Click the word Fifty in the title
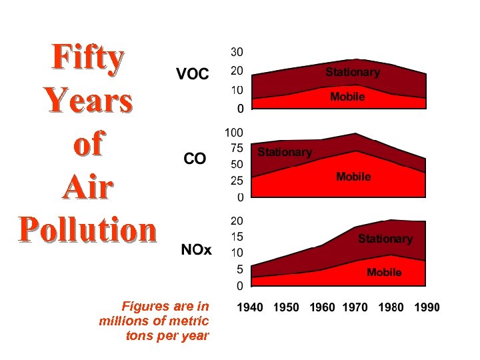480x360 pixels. click(x=87, y=58)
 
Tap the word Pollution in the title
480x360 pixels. click(x=87, y=229)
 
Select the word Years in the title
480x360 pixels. click(x=87, y=101)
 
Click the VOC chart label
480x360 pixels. click(x=192, y=73)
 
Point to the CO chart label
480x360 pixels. click(x=195, y=159)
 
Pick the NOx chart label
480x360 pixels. click(x=197, y=251)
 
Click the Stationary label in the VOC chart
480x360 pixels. click(x=353, y=72)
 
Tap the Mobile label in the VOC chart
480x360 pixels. click(x=347, y=97)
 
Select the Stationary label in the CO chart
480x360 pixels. click(x=285, y=152)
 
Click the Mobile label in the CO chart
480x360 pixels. click(x=353, y=177)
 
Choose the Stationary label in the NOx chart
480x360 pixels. click(x=385, y=238)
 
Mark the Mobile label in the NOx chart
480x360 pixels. click(x=384, y=272)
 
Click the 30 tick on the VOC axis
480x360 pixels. click(x=237, y=52)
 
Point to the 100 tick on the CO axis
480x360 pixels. click(x=236, y=133)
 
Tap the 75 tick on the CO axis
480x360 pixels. click(x=237, y=149)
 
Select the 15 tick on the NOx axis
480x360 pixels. click(x=237, y=237)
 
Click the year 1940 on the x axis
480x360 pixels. click(x=251, y=307)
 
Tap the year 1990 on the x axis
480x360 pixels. click(x=427, y=307)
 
